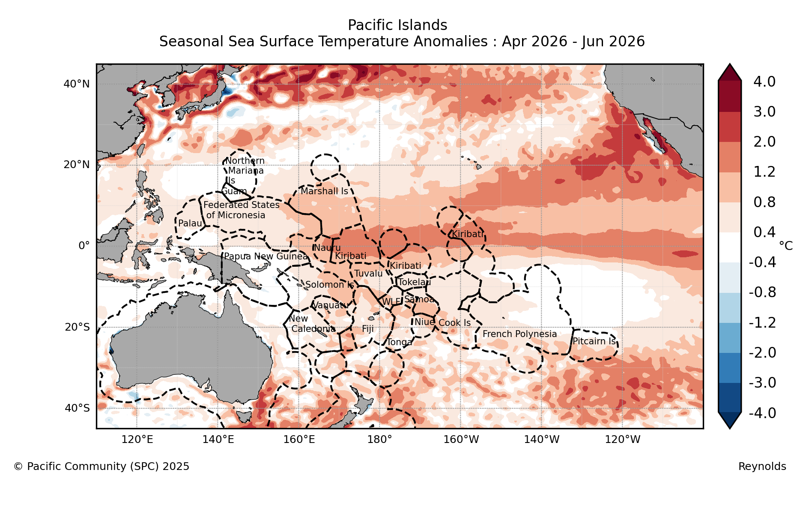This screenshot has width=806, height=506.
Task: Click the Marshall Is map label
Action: pos(324,191)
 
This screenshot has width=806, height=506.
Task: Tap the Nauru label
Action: pos(327,248)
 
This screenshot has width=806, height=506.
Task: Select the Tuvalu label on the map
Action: pos(368,274)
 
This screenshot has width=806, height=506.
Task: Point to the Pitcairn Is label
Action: pos(594,341)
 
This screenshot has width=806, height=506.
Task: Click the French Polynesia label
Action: pos(519,334)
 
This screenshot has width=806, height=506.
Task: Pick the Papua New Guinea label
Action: pos(266,256)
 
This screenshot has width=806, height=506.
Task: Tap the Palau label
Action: pos(190,223)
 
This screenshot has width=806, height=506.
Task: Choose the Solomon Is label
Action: pos(329,285)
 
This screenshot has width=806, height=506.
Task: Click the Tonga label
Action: pos(399,342)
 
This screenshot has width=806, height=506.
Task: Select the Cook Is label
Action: pos(454,323)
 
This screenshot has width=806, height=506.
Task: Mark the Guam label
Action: pos(234,191)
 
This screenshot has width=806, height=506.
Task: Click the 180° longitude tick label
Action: pos(379,440)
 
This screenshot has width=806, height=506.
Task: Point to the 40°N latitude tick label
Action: pos(77,84)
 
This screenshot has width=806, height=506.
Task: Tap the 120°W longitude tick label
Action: pos(622,440)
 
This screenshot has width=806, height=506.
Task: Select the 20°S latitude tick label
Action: pos(77,327)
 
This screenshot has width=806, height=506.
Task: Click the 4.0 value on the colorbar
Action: pos(764,81)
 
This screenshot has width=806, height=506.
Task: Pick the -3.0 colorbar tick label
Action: pos(762,383)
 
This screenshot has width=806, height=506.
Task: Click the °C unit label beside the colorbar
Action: pos(785,246)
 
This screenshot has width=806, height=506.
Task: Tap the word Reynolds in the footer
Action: pos(762,467)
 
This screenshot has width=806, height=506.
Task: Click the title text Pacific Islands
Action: pos(397,25)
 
